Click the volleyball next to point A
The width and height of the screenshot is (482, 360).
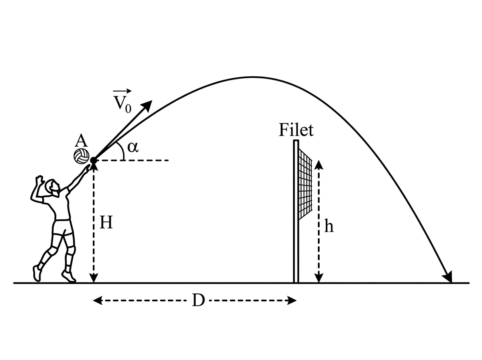pos(81,156)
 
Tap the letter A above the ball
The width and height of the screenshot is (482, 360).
pos(81,141)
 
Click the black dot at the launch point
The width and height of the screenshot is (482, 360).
pos(94,160)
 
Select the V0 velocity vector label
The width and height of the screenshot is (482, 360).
pos(123,101)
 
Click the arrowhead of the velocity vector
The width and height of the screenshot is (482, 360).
pos(147,105)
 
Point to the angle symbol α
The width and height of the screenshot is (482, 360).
pos(133,147)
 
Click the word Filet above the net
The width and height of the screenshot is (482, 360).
pos(296,130)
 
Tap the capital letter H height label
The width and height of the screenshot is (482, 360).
pos(106,222)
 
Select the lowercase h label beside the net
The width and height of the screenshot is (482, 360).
pos(329,226)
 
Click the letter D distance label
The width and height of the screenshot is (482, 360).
pos(198,300)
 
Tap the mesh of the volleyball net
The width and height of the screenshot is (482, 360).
pos(305,184)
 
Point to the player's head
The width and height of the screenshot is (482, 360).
pos(52,187)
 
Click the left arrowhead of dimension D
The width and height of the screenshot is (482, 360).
pos(98,300)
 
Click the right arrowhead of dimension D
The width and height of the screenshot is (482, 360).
pos(292,300)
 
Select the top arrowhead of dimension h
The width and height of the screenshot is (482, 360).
pos(319,164)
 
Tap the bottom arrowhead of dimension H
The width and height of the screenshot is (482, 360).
pos(94,278)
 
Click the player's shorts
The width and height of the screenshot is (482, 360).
pos(63,227)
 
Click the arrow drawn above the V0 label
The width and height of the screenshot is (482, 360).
pos(122,91)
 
